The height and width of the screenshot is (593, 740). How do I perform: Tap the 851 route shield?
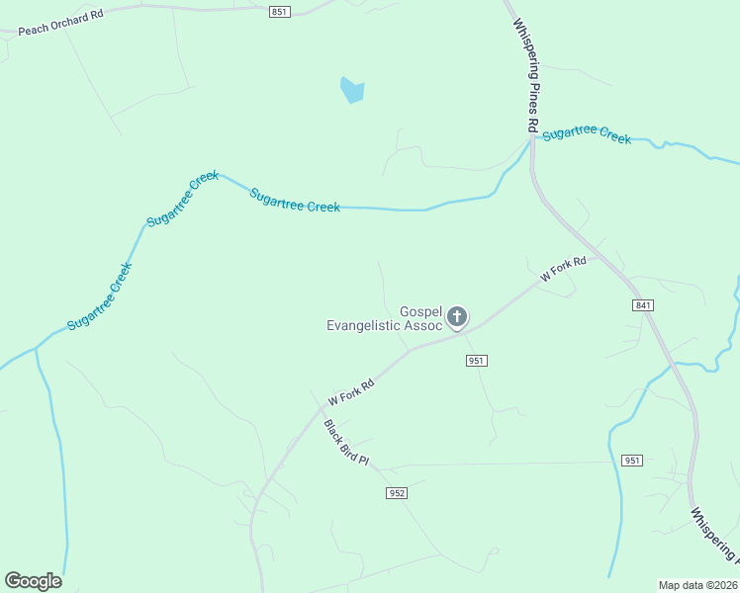point(279,12)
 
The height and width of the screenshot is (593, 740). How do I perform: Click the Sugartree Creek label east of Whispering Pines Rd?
point(587,134)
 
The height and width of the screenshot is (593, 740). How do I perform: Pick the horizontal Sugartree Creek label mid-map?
point(295,201)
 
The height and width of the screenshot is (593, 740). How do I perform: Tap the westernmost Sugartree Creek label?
point(99,296)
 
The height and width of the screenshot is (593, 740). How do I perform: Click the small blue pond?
point(351,90)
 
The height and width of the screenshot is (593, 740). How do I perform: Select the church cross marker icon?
point(456,317)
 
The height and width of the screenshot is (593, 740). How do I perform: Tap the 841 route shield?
point(644,306)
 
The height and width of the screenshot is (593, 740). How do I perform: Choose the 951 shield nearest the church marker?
point(476,361)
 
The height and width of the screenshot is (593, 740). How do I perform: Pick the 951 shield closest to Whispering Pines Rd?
point(632,461)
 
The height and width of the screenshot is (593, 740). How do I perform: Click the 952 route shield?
point(397,492)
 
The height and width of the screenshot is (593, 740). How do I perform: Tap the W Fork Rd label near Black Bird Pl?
point(351,387)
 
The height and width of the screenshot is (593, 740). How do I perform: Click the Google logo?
point(33,581)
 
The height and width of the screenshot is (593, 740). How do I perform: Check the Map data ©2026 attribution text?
point(698,585)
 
